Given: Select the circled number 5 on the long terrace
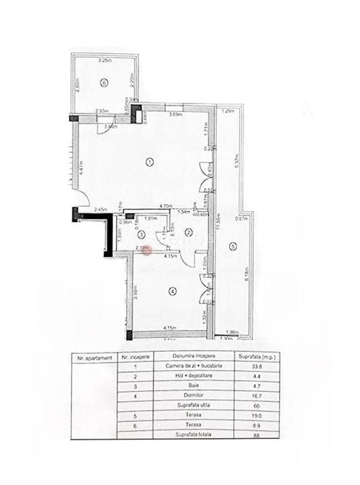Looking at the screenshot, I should click(x=233, y=247).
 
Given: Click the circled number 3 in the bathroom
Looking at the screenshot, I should click(x=141, y=234).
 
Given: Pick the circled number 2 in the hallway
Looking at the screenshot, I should click(x=189, y=232).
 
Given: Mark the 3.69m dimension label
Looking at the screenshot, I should click(x=175, y=114).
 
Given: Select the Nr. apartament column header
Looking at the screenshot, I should click(x=94, y=357).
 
